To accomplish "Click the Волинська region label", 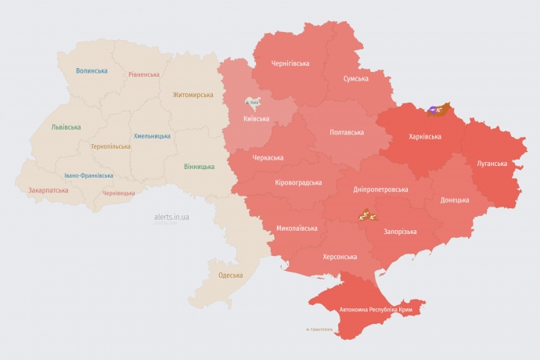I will click(x=92, y=70).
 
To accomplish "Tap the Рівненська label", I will click(x=144, y=74).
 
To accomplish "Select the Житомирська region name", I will click(x=193, y=95).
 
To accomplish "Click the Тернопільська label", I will click(x=110, y=146).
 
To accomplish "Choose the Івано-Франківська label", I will click(x=88, y=175).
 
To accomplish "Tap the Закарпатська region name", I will click(x=49, y=190).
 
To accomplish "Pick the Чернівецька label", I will click(x=119, y=193).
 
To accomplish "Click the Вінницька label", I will click(x=199, y=167).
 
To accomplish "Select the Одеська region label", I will click(x=230, y=275).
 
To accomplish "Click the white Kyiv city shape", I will click(x=253, y=102).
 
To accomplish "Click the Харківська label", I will click(x=424, y=136).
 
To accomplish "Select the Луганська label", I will click(x=491, y=164).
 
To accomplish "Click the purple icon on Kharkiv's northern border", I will click(x=433, y=110).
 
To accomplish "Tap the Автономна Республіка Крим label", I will click(x=376, y=310).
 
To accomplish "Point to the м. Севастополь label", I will click(x=319, y=329).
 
